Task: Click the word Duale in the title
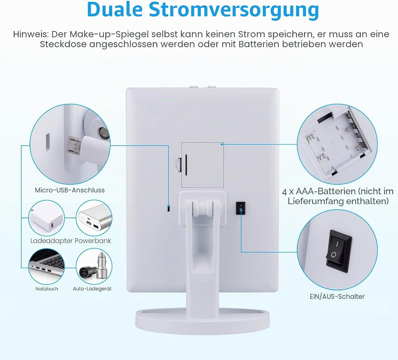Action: tap(115, 10)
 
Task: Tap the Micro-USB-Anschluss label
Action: tap(70, 190)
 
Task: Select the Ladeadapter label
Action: tap(52, 240)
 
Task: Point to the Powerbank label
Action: tap(93, 240)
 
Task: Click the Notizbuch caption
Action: tap(47, 288)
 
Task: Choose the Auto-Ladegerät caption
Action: tap(92, 288)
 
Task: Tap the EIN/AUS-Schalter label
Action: tap(337, 297)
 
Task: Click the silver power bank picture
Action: tap(94, 218)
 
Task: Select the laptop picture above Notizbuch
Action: tap(47, 265)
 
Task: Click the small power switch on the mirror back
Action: tap(240, 208)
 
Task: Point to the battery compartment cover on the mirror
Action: tap(203, 165)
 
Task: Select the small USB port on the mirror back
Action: tap(168, 208)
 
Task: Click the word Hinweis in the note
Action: tap(31, 34)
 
